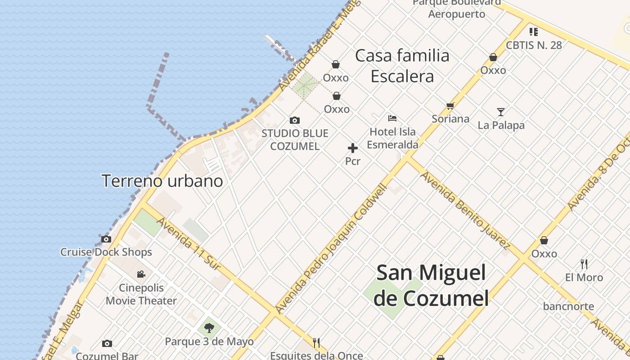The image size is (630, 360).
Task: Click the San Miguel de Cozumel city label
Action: pos(431,285)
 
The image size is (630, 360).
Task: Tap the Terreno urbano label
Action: pos(162,181)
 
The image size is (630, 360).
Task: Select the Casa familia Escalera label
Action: pos(402,66)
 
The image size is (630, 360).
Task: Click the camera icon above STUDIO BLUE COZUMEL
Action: pos(295,120)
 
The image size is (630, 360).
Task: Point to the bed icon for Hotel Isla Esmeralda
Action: pos(392,118)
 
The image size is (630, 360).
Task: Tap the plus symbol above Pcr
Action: pos(353,148)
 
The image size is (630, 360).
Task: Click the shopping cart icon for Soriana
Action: pos(450,106)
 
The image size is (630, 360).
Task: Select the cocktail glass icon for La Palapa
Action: pos(500,112)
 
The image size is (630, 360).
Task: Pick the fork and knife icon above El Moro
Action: pos(584,264)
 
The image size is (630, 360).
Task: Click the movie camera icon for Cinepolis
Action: pos(141,274)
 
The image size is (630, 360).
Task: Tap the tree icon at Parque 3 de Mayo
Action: pos(209,328)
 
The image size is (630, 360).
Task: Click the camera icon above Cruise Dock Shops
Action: pos(106,239)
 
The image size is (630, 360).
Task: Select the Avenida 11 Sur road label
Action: pos(189,244)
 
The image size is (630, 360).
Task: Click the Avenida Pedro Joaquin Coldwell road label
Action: pos(331,250)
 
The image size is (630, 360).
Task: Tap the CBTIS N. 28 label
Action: pos(534,45)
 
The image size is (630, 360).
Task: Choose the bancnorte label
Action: pos(568,306)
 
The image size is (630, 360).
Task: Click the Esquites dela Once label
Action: pos(316,355)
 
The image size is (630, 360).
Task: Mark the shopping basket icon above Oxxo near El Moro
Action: pos(544,240)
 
